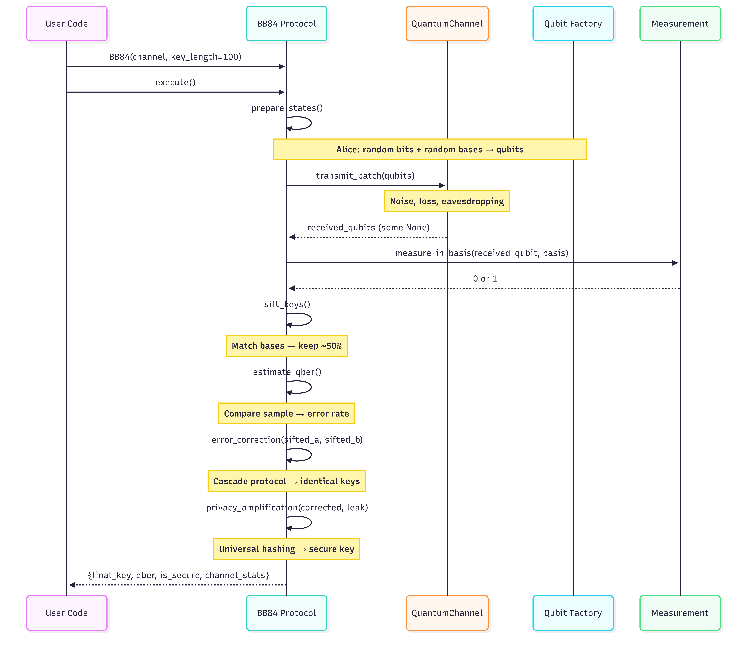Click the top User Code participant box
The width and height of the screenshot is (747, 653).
pos(67,24)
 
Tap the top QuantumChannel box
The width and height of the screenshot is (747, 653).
pos(447,24)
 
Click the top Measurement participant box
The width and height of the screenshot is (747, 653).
pos(680,24)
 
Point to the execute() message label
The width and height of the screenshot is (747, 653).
pos(175,82)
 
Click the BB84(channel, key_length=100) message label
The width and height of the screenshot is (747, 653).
pos(175,57)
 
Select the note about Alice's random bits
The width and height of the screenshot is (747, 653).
pos(430,149)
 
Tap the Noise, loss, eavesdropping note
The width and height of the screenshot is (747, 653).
pos(447,201)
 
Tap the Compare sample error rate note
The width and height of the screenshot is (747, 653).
pos(287,414)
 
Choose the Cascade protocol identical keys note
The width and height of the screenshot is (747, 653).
pos(287,481)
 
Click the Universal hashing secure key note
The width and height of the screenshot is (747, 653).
pos(287,549)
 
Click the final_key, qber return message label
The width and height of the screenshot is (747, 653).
pos(179,575)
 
